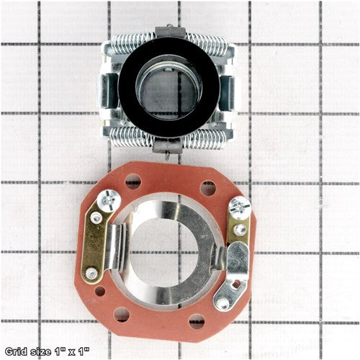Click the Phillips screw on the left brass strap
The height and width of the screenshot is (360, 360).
click(109, 200)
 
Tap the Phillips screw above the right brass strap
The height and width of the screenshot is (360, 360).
click(240, 207)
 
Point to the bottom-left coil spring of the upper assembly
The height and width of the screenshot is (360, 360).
click(131, 138)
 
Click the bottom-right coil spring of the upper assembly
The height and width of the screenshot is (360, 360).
click(204, 139)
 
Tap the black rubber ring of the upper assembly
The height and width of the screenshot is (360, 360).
click(168, 87)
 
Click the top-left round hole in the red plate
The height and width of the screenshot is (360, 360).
click(133, 181)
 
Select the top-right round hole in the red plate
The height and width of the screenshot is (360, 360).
click(208, 188)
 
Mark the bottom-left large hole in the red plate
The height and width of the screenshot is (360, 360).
click(122, 315)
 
